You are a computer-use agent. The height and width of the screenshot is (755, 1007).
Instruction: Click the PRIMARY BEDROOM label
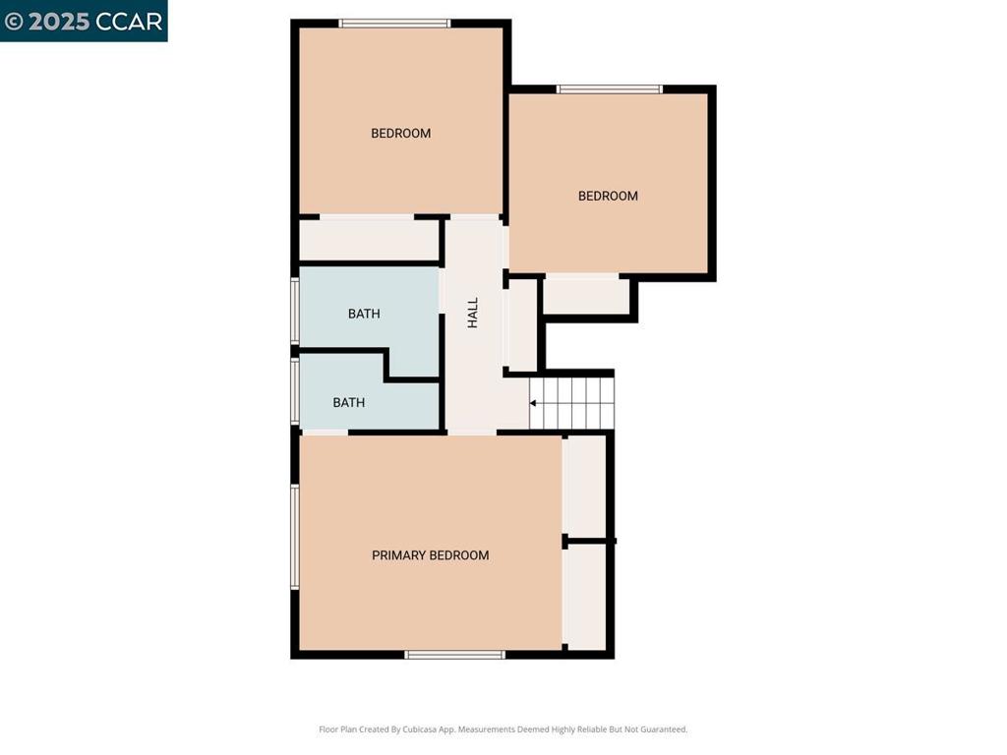click(430, 555)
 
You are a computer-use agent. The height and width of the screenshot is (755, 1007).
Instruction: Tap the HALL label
click(473, 313)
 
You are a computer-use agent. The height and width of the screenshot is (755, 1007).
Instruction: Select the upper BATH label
click(364, 314)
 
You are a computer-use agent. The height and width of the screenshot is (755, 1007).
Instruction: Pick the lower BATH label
click(349, 402)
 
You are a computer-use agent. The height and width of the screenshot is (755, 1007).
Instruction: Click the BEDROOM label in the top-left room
click(400, 134)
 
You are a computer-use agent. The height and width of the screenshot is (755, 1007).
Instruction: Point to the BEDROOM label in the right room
click(608, 196)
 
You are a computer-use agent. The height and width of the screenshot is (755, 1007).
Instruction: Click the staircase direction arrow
click(534, 403)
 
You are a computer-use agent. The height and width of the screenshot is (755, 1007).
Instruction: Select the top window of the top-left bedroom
click(394, 24)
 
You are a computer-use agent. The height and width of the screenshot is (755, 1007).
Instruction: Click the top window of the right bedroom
click(610, 89)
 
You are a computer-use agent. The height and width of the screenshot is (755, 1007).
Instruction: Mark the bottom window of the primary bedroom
click(454, 654)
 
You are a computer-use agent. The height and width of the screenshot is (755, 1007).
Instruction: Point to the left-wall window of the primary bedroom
click(294, 537)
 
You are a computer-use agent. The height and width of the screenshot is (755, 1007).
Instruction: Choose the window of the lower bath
click(294, 390)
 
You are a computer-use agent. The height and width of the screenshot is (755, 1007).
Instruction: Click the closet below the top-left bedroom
click(369, 240)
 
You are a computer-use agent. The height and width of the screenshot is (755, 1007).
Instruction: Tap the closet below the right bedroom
click(586, 295)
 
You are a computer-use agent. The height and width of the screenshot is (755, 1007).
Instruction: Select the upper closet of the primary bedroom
click(585, 486)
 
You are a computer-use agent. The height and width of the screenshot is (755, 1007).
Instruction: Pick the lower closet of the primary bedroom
click(585, 596)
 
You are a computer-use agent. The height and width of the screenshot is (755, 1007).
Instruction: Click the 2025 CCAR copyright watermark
click(84, 21)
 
